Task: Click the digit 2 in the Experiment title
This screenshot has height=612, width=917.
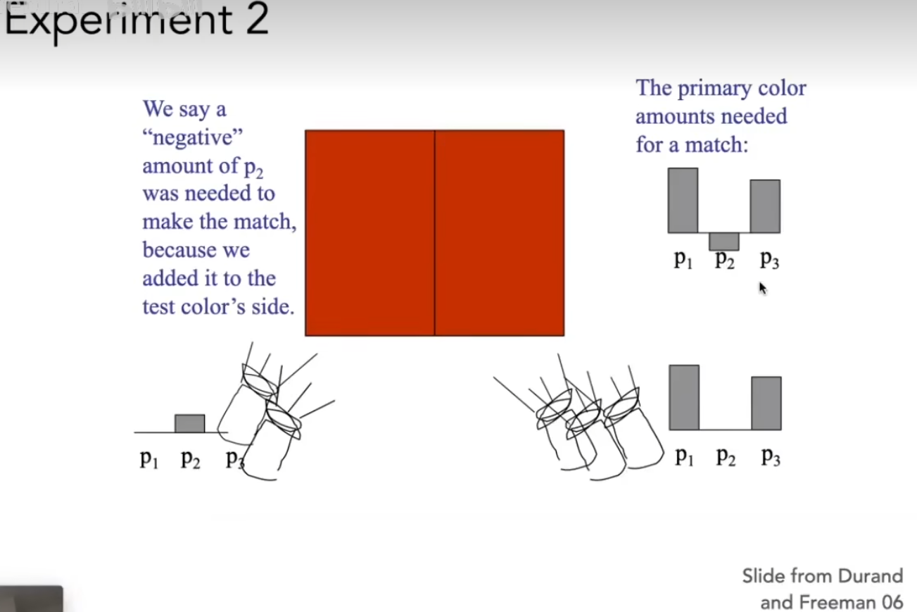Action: pos(258,18)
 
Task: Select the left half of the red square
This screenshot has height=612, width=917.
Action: pos(369,233)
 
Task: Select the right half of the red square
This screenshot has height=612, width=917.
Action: pos(500,233)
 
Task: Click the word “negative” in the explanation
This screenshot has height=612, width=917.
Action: pos(192,137)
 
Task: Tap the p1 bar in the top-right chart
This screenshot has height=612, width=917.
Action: pos(683,200)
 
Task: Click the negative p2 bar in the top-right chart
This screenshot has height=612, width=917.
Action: pos(723,242)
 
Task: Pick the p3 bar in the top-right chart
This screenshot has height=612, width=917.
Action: pos(765,206)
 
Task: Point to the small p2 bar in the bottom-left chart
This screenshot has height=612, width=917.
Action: pos(189,423)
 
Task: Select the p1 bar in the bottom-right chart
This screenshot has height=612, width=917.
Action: pos(684,397)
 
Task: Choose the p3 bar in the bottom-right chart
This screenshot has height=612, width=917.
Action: pos(766,403)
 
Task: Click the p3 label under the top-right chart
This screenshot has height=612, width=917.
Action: pos(770,259)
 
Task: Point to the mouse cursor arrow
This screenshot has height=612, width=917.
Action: pos(763,288)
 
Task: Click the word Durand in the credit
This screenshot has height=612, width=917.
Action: pos(871,576)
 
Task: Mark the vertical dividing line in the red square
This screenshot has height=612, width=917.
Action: pos(434,233)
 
